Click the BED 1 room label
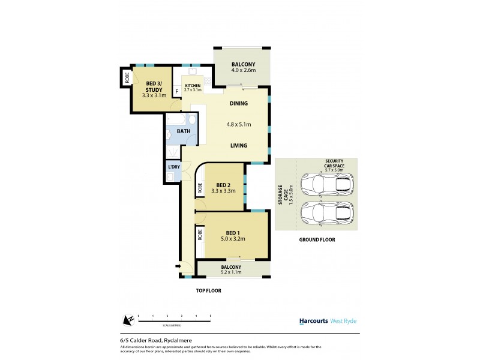click(233, 233)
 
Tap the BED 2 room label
click(224, 185)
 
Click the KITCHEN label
click(193, 86)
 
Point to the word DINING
click(238, 103)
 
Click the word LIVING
click(239, 145)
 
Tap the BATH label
click(184, 131)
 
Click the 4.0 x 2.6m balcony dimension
click(244, 71)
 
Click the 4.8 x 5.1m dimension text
click(238, 124)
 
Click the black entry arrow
click(178, 266)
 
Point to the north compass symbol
click(127, 320)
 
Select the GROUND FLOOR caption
click(317, 239)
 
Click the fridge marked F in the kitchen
click(176, 92)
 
